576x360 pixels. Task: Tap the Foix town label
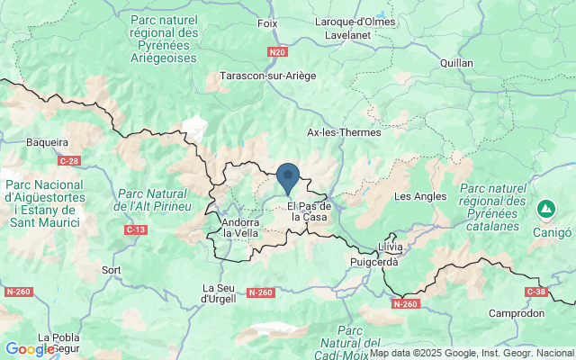(x=267, y=22)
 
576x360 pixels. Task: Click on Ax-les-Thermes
(x=344, y=132)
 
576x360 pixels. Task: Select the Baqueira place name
(x=48, y=142)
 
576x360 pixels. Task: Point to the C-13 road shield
(x=136, y=230)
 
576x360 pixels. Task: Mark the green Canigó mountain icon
(x=545, y=210)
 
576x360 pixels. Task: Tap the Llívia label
(x=391, y=246)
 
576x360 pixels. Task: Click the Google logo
(x=30, y=349)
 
